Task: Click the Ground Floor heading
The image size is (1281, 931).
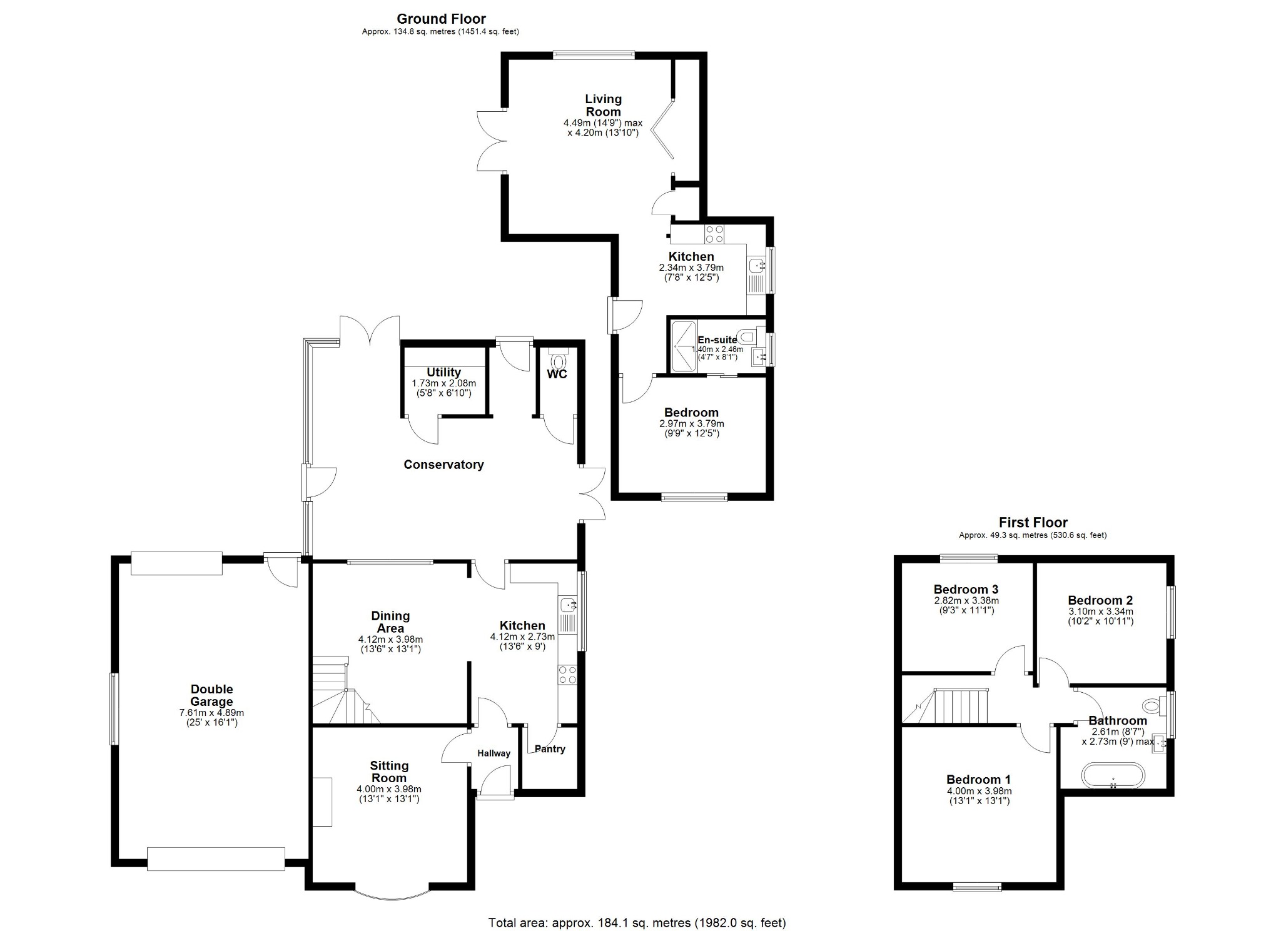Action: point(441,19)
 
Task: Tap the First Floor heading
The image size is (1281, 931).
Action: point(1033,522)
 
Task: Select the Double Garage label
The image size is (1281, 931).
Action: point(211,695)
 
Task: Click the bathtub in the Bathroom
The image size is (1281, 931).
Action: point(1113,775)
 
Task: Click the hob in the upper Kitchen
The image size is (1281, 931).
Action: point(714,234)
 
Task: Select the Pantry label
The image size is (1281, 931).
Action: point(550,749)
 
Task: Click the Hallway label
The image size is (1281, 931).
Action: point(494,753)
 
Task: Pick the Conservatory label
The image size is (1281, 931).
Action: point(443,465)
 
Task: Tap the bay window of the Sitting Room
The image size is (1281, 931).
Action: point(392,896)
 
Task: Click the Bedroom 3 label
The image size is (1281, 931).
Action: point(966,589)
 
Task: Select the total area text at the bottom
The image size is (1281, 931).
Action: point(637,922)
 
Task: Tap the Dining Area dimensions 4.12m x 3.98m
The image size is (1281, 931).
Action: point(390,644)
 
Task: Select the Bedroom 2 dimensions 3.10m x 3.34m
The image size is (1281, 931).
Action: point(1100,616)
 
